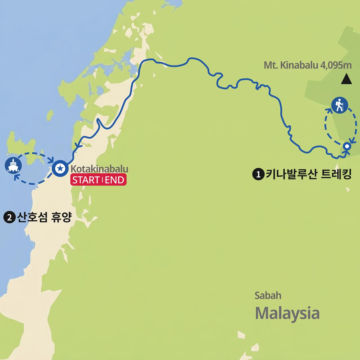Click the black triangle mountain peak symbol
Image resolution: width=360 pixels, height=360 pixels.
tap(346, 79)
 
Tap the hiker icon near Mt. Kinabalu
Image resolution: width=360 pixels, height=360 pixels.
tap(339, 105)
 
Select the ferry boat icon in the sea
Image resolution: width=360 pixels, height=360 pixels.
tap(13, 165)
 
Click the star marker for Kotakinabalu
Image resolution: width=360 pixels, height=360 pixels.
tap(60, 168)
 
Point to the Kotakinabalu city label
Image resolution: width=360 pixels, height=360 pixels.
tap(99, 169)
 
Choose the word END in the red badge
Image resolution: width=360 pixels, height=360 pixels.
tap(115, 180)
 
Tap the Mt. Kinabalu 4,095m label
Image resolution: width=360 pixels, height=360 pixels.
tap(307, 65)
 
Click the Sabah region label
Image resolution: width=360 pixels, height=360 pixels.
tap(268, 296)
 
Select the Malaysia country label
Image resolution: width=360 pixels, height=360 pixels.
tap(287, 313)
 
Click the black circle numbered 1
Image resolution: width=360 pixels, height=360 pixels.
tap(258, 174)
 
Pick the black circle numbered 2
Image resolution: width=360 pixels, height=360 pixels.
tap(9, 217)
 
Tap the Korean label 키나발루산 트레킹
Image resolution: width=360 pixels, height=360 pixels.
tap(309, 174)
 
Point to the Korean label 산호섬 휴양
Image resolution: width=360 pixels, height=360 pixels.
tap(44, 217)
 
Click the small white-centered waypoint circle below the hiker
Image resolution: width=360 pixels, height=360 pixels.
tap(347, 146)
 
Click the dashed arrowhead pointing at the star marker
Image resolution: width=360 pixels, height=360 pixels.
tap(51, 160)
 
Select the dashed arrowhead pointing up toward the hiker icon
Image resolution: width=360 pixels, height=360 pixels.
tap(329, 110)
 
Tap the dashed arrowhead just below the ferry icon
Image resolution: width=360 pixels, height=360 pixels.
tap(16, 177)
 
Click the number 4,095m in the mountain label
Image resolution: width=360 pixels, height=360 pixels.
tap(336, 65)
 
